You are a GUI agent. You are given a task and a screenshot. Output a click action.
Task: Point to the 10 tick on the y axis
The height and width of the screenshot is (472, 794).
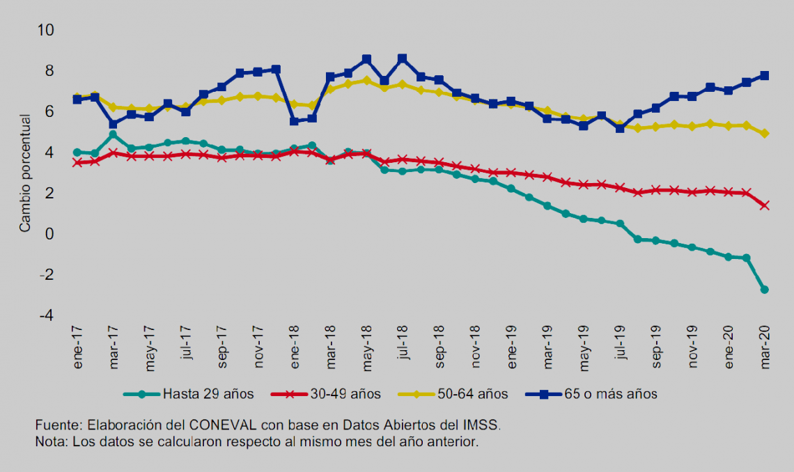[46, 31]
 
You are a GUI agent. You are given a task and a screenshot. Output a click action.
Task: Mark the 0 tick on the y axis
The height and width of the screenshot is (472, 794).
[50, 235]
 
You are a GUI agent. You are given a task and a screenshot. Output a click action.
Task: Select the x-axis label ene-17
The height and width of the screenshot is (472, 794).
[77, 342]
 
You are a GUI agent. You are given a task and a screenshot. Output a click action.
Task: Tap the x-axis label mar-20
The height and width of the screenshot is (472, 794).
[765, 342]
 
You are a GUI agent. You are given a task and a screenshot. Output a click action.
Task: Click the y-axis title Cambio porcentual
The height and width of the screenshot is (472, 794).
[25, 173]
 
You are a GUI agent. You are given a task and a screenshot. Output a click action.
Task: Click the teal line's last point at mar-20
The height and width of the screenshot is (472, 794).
[765, 290]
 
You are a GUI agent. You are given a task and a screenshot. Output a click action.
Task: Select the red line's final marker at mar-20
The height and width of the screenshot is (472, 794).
[765, 205]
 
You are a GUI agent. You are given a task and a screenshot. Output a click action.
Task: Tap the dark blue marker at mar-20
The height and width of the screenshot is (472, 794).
[765, 75]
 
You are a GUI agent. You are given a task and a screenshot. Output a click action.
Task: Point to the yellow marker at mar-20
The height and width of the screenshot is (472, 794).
[765, 133]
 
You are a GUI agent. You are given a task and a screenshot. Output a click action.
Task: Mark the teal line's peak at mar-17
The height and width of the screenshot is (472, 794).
[113, 134]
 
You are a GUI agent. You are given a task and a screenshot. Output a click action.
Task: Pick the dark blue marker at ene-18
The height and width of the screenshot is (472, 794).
[294, 121]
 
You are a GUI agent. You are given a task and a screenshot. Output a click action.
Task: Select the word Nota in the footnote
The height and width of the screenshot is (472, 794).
[49, 441]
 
